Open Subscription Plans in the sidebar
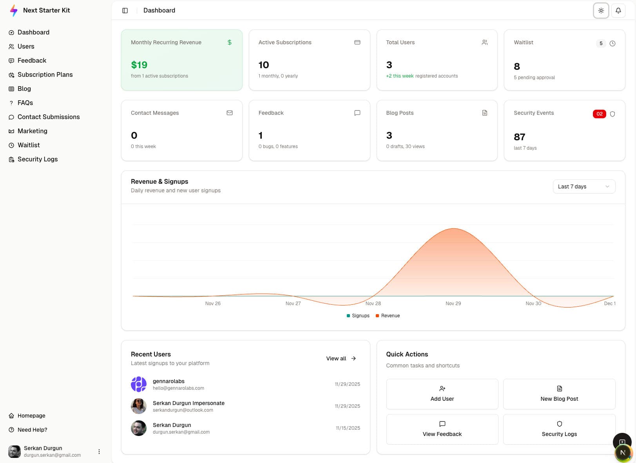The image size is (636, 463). (45, 74)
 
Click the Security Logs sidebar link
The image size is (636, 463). (37, 159)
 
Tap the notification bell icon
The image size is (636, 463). (618, 11)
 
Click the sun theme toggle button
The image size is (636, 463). (601, 11)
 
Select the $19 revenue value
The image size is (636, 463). (139, 65)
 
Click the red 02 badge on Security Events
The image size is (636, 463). (599, 114)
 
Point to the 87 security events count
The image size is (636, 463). (519, 137)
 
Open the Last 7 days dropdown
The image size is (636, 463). (583, 186)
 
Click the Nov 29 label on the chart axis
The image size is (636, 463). (453, 304)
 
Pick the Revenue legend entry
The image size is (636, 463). (388, 316)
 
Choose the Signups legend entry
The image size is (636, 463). (358, 316)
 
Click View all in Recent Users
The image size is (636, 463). (341, 358)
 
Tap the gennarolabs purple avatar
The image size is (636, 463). (139, 384)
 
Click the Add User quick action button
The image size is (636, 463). (442, 394)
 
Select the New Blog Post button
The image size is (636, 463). (559, 394)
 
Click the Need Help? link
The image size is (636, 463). (32, 430)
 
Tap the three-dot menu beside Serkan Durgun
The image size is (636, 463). (99, 452)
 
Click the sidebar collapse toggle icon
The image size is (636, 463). (125, 11)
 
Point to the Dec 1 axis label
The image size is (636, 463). (609, 304)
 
